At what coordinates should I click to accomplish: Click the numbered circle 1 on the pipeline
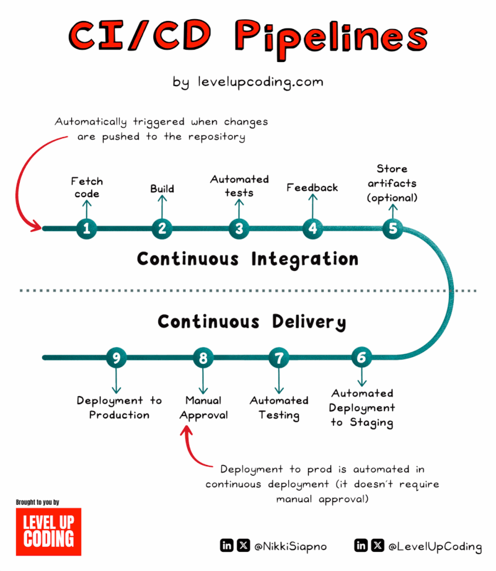point(86,229)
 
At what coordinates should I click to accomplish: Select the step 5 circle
point(392,229)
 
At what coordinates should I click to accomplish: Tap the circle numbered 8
point(203,358)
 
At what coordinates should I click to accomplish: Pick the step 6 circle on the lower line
point(362,358)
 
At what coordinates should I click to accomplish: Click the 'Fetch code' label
point(86,187)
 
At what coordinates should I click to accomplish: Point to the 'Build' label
point(162,188)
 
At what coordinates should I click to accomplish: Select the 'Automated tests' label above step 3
point(239,185)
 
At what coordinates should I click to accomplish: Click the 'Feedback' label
point(312,187)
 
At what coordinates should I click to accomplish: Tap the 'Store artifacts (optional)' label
point(392,183)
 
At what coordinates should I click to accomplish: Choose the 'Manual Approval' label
point(203,408)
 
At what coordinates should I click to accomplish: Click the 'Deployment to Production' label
point(119,408)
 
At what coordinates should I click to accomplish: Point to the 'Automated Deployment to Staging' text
point(362,408)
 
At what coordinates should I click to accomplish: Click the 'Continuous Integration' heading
point(247,259)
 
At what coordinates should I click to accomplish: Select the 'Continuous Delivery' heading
point(251,322)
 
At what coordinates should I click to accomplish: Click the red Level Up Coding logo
point(48,531)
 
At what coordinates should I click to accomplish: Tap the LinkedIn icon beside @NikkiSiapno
point(227,546)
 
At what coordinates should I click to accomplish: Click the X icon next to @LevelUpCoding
point(378,546)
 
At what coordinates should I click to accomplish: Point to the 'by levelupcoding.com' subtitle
point(248,82)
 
